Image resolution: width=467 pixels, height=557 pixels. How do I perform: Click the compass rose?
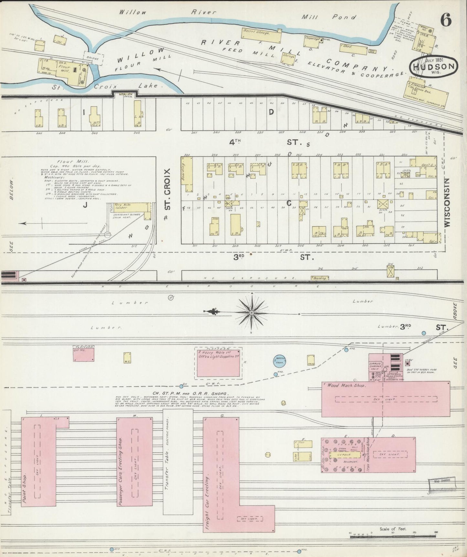[251, 313]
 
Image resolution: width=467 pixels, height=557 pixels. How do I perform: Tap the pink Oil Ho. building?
[83, 354]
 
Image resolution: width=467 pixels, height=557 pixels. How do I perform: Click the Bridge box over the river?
[94, 58]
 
